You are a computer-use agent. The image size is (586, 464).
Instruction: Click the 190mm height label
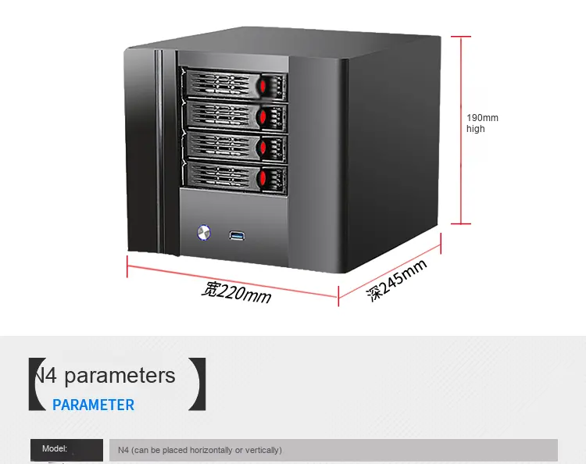coord(482,118)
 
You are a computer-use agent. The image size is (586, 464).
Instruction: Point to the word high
coord(476,129)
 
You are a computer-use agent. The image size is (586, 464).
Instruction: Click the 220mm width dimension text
coord(236,292)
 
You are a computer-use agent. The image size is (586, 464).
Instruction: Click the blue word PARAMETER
coord(93,405)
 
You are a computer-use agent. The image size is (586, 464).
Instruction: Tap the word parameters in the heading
coord(120,376)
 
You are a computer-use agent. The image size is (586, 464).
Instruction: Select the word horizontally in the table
coord(206,450)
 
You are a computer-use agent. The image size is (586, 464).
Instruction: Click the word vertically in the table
coord(261,450)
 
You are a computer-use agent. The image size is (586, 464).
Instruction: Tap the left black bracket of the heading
coord(34,384)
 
